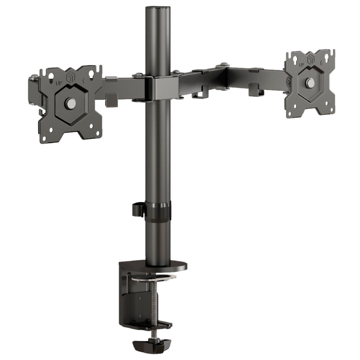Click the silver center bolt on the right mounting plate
click(310, 82)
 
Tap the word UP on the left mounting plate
click(59, 83)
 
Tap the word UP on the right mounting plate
click(301, 65)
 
